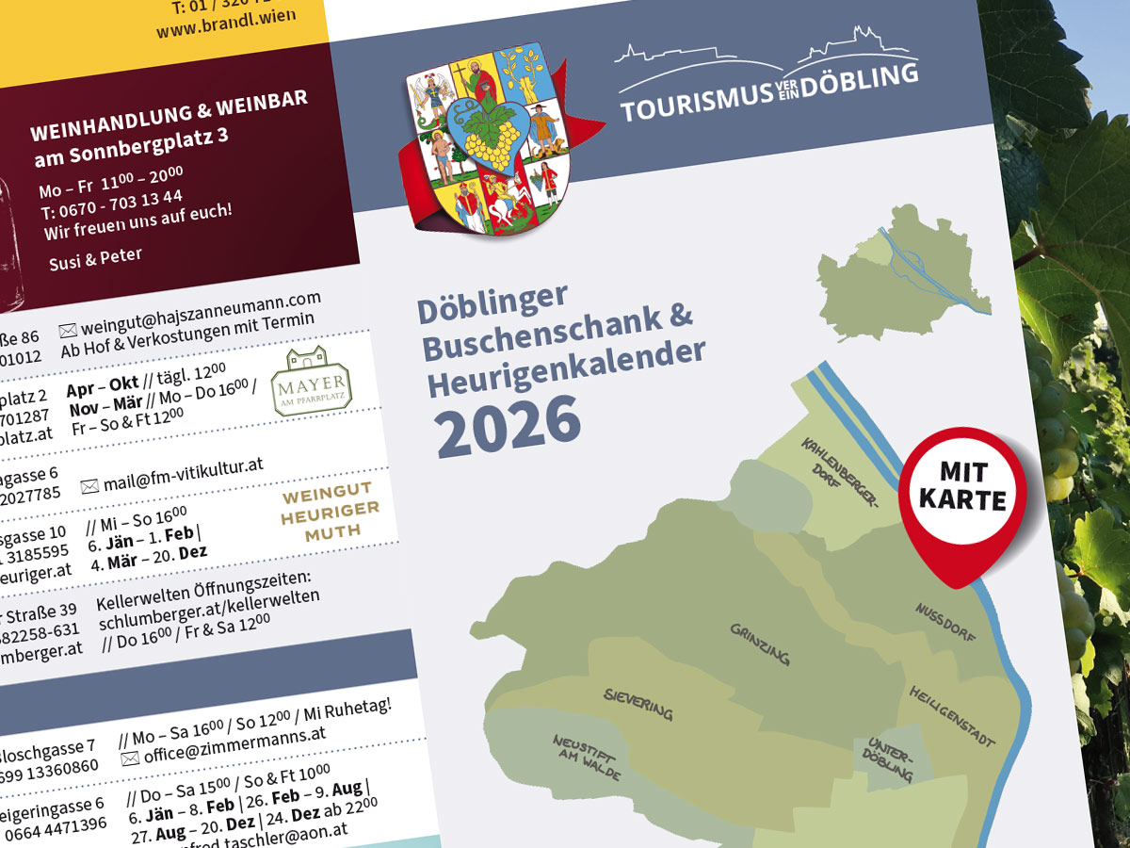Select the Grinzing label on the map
(759, 644)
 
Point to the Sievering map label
(638, 703)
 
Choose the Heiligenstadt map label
(951, 717)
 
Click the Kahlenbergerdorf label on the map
(840, 472)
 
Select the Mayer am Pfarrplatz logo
(311, 380)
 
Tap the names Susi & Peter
(95, 260)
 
